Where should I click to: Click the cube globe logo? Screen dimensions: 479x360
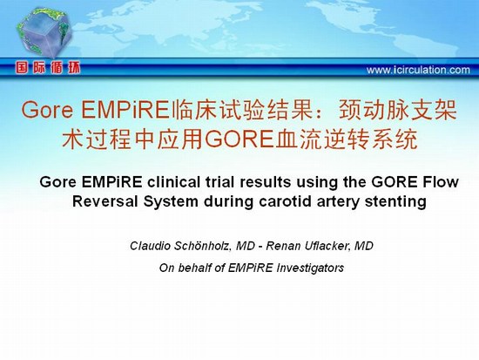(x=44, y=33)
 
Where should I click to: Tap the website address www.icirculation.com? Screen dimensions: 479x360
(x=418, y=70)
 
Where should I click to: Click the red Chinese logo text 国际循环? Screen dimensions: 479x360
(x=48, y=68)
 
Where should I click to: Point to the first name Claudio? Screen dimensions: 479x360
(x=150, y=246)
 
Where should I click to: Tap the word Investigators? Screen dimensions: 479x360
(x=310, y=268)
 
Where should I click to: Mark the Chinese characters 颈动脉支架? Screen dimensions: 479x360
(x=398, y=110)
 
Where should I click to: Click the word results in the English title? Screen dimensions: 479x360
(x=264, y=182)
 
